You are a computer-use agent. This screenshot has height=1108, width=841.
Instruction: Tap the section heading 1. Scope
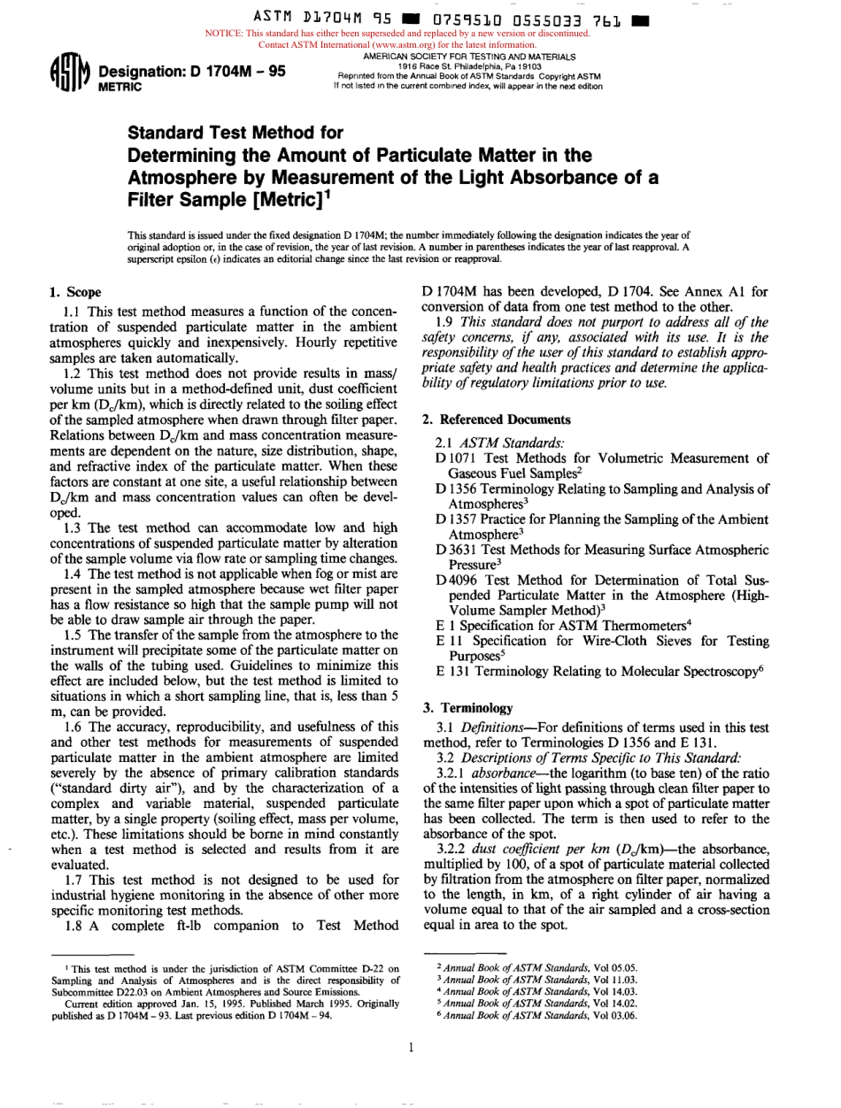(x=74, y=292)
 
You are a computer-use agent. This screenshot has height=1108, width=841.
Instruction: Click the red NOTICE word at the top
(x=226, y=34)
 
